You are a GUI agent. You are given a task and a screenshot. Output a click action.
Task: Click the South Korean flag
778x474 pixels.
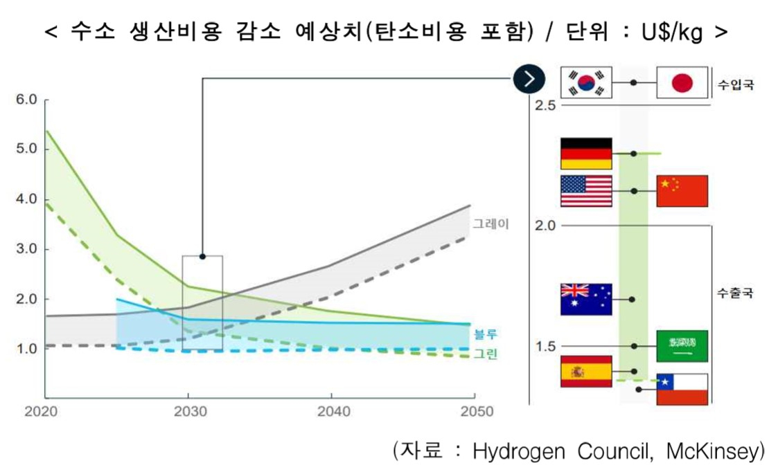[586, 82]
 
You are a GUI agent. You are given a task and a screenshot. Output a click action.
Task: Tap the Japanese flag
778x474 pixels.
[682, 82]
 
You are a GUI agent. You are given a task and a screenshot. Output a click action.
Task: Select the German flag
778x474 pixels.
[586, 154]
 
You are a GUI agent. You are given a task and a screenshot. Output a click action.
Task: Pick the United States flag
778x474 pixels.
[586, 191]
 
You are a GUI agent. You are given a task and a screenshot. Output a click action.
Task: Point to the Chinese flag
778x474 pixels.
[682, 191]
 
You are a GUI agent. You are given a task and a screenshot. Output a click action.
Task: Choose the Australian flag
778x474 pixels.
[586, 300]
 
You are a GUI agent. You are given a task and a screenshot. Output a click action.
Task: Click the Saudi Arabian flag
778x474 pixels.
[682, 346]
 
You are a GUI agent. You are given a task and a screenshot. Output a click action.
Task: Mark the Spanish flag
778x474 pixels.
[586, 372]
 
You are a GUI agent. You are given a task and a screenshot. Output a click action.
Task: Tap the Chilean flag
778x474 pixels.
[682, 389]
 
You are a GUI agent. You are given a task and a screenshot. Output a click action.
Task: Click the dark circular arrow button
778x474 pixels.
[529, 79]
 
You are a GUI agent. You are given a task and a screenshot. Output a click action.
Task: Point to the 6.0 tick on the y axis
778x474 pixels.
[26, 100]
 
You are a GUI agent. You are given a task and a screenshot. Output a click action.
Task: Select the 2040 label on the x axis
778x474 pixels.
[334, 412]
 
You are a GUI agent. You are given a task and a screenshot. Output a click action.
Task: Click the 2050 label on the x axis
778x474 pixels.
[477, 412]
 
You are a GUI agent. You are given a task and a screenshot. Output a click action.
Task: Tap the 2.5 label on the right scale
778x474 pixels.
[545, 105]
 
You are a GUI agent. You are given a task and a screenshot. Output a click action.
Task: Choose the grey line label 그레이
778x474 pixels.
[490, 224]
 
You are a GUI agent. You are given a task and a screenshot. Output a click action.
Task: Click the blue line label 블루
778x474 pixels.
[485, 334]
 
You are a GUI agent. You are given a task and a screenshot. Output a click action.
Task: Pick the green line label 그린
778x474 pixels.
[485, 354]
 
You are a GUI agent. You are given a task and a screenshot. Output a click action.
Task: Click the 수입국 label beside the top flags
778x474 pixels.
[735, 84]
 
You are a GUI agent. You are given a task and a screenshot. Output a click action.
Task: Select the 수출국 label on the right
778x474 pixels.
[735, 293]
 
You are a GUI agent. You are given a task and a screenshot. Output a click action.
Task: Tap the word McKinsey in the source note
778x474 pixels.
[712, 452]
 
